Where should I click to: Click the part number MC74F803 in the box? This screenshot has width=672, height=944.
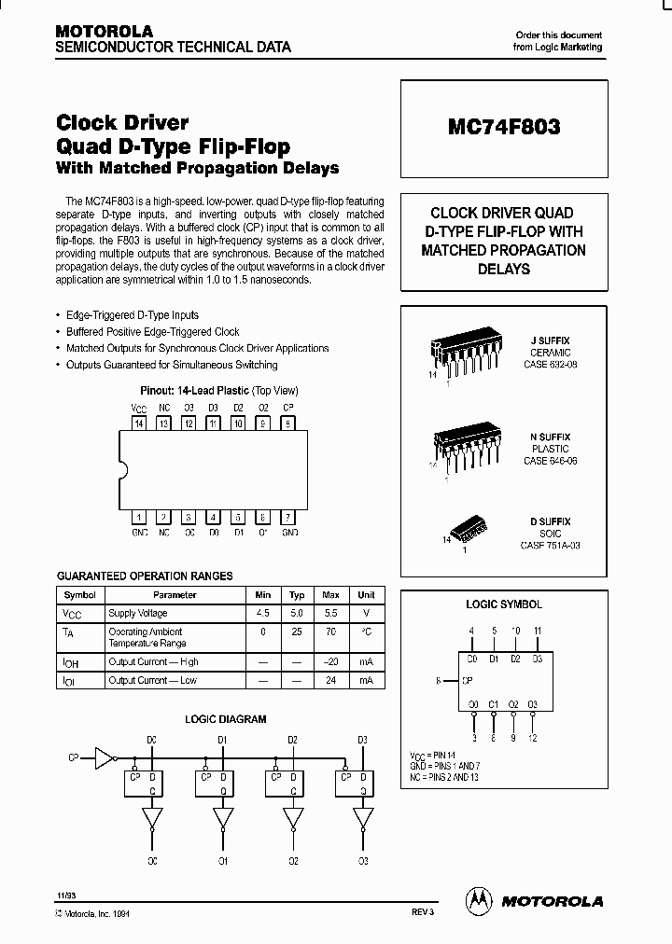click(x=503, y=128)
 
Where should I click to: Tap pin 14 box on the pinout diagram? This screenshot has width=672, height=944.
click(x=139, y=423)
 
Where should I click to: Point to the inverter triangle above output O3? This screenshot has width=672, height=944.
click(x=362, y=818)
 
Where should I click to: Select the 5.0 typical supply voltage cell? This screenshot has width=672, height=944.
click(x=297, y=613)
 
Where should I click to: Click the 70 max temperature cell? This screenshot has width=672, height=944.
click(x=330, y=632)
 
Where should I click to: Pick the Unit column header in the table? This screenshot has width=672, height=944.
click(x=366, y=594)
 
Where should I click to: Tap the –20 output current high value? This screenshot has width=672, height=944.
click(x=330, y=661)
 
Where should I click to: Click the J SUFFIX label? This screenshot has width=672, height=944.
click(x=550, y=341)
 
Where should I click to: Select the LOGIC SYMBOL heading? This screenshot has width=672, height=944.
click(x=503, y=604)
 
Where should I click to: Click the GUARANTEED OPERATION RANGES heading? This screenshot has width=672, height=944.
click(x=145, y=576)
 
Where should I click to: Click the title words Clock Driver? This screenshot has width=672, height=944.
click(x=122, y=122)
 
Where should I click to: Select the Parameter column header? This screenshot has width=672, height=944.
click(x=175, y=594)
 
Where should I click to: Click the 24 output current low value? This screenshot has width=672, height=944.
click(x=330, y=680)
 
